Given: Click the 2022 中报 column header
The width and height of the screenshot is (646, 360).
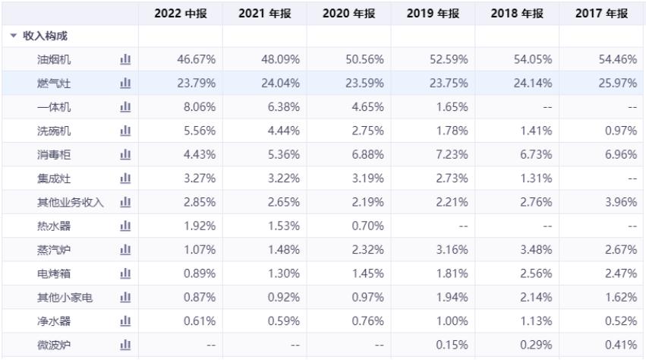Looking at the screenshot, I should coord(181,14).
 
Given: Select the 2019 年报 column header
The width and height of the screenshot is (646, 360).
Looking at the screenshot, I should coord(433,14).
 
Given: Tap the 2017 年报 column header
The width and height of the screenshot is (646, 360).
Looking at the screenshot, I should coord(601,14).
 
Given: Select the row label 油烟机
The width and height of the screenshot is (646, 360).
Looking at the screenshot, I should coord(54,59).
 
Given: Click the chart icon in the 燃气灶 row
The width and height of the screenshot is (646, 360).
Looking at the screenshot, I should coord(125,84).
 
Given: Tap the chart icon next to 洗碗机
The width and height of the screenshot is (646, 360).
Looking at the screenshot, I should coord(125,131).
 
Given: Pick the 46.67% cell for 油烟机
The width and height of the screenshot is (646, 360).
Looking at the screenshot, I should coord(196,59).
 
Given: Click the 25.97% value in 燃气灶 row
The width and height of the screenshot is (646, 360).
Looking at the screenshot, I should coord(616,84).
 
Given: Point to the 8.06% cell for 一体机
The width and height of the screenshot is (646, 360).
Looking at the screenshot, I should coord(200,107).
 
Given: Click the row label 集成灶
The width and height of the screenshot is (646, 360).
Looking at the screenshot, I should coord(54,178).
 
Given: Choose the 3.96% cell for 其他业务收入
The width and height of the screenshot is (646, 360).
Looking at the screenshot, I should coord(619,202).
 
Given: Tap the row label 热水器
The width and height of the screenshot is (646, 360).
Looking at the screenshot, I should coord(54,226).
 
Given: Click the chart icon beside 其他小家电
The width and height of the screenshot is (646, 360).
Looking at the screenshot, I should coord(125,298).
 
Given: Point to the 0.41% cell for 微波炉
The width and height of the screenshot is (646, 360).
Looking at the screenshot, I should coord(619,346).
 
